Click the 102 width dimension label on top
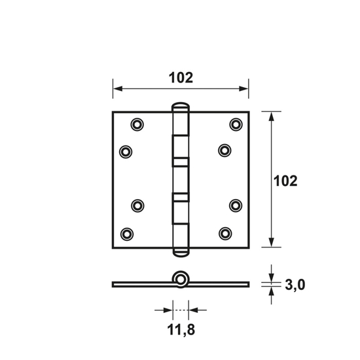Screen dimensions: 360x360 pos(181,77)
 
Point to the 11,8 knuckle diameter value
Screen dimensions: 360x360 pos(180,329)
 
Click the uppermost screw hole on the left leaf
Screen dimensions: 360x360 pos(137,124)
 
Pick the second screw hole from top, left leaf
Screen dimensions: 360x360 pos(126,151)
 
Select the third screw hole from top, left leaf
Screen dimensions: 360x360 pos(137,205)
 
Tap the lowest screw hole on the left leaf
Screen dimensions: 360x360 pos(126,232)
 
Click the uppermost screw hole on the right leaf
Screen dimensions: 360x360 pos(235,124)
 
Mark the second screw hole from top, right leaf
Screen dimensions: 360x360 pos(225,151)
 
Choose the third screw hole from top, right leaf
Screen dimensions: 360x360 pos(235,205)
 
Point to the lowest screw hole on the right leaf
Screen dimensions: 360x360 pos(225,232)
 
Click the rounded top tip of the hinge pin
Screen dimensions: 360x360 pos(181,105)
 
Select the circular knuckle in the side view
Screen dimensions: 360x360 pos(181,279)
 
